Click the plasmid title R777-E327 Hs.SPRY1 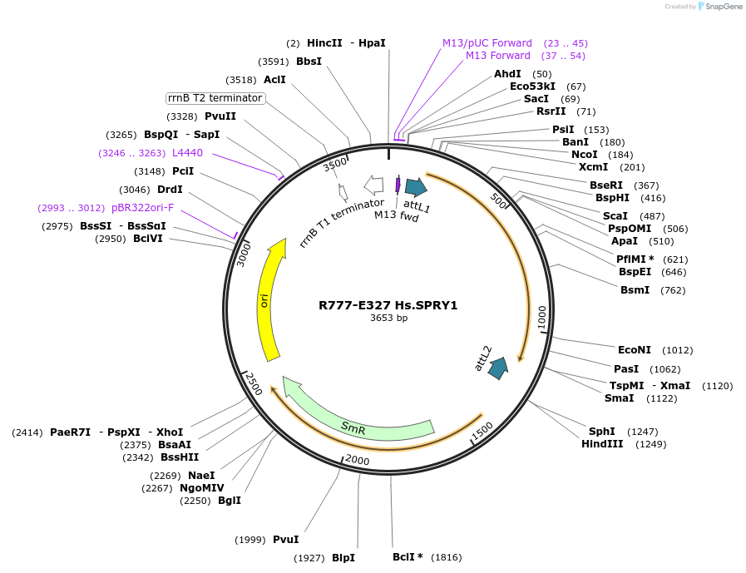tap(388, 305)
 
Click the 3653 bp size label tap(388, 319)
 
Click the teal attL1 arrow tap(416, 188)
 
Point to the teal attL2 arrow tap(498, 368)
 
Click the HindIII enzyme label tap(602, 444)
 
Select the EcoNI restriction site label tap(635, 350)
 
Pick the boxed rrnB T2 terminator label tap(216, 98)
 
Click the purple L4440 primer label tap(187, 153)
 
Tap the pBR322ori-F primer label tap(142, 208)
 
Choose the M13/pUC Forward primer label tap(487, 43)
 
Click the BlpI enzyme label tap(343, 558)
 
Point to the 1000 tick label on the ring tap(542, 317)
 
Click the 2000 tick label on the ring tap(357, 460)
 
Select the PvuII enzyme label tap(220, 116)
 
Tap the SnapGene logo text tap(721, 7)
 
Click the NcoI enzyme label tap(584, 155)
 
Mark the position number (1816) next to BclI tap(445, 557)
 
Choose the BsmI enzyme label tap(635, 290)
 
